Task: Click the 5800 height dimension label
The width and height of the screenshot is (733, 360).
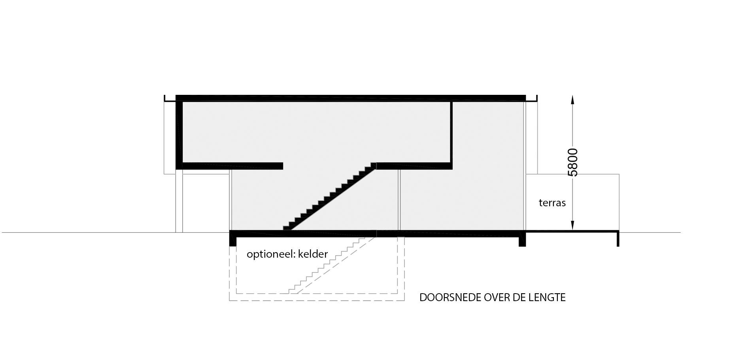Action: (x=572, y=162)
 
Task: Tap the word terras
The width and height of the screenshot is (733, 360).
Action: (x=552, y=203)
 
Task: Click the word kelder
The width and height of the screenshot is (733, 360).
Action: (x=313, y=254)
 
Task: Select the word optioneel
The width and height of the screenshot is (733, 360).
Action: (x=270, y=254)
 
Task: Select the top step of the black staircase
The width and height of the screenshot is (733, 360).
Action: (x=373, y=165)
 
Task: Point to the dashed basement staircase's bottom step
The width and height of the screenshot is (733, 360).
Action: (x=292, y=291)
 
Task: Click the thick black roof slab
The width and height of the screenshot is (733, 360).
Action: (x=351, y=98)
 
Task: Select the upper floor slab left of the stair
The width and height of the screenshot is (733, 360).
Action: (x=229, y=166)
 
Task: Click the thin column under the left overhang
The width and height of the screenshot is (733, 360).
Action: (x=179, y=201)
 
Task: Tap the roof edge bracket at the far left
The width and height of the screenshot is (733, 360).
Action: (x=170, y=99)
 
